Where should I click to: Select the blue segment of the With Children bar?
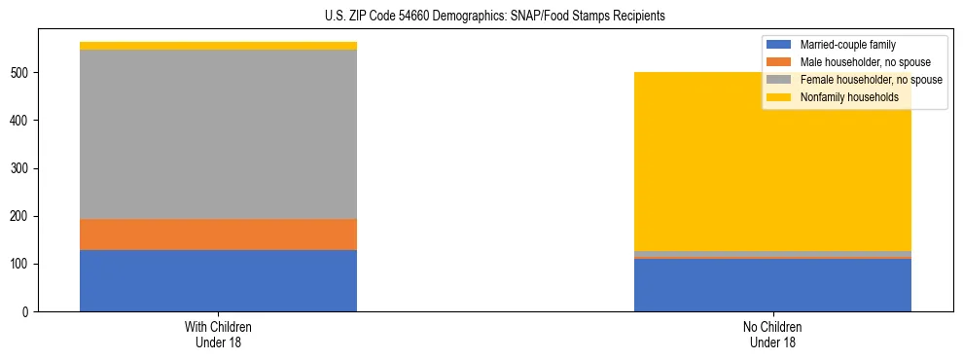pyautogui.click(x=218, y=280)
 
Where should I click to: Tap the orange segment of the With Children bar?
pyautogui.click(x=218, y=234)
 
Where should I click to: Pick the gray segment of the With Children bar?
pyautogui.click(x=218, y=134)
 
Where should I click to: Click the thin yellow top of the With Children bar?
pyautogui.click(x=218, y=46)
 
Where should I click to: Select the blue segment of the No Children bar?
pyautogui.click(x=772, y=285)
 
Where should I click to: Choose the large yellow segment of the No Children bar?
pyautogui.click(x=772, y=185)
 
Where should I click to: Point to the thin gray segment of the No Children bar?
pyautogui.click(x=772, y=254)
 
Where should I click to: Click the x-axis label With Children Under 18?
pyautogui.click(x=218, y=334)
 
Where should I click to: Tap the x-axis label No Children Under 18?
pyautogui.click(x=772, y=334)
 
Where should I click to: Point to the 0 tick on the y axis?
pyautogui.click(x=28, y=312)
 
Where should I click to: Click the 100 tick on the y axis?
pyautogui.click(x=22, y=265)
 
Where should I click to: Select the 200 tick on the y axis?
pyautogui.click(x=22, y=216)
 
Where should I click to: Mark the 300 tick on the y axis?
pyautogui.click(x=22, y=168)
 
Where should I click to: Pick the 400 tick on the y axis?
pyautogui.click(x=22, y=121)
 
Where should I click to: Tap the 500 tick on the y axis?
pyautogui.click(x=22, y=73)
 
